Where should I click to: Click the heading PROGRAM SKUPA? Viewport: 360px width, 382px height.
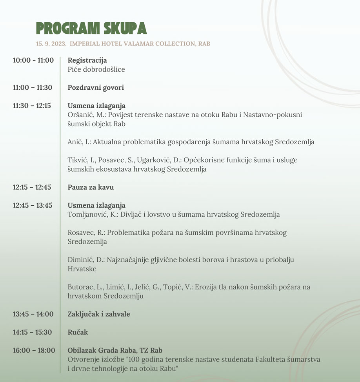91,28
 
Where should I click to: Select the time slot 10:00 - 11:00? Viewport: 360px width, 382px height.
33,60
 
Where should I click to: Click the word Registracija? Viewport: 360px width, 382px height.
87,60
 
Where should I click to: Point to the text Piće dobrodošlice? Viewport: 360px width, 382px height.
96,69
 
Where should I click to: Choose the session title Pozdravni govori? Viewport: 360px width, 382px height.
96,87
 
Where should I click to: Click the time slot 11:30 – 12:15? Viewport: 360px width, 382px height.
32,105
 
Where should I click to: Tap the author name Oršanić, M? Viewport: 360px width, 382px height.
86,115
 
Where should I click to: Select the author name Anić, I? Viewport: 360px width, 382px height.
79,142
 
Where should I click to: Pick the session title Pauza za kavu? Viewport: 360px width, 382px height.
91,187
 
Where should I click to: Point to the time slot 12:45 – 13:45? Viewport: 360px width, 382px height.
32,205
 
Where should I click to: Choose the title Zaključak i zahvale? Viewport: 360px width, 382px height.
99,314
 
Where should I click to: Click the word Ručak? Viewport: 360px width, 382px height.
78,332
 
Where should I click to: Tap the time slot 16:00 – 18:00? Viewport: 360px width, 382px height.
34,350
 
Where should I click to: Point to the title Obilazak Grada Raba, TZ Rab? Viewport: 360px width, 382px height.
115,350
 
